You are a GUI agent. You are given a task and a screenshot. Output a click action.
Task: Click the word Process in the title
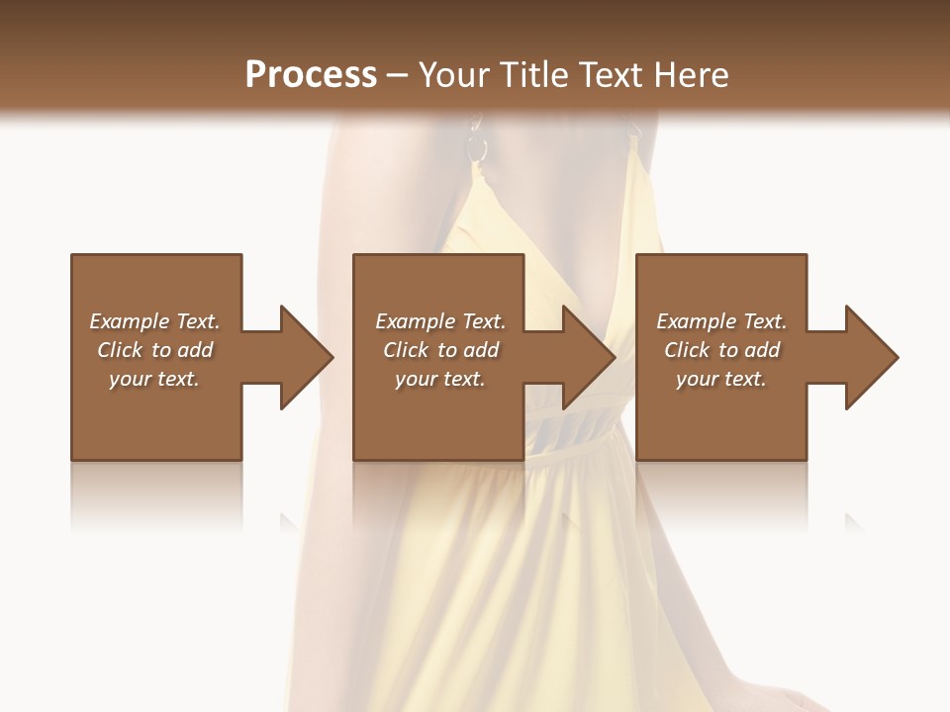pos(311,74)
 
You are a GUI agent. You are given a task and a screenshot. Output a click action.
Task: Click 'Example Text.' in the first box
pos(154,321)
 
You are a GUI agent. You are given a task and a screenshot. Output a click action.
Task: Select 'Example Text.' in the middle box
pos(440,321)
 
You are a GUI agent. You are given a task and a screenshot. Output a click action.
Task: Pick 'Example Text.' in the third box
pos(721,321)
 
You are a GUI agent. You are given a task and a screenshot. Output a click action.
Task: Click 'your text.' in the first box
pos(154,379)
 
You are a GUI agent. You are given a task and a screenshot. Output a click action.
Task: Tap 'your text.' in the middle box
pos(440,379)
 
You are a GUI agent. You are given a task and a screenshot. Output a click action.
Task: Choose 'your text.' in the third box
pos(721,379)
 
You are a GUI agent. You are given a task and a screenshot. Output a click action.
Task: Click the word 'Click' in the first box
pos(121,350)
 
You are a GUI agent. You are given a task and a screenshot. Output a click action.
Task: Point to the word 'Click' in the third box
pos(688,350)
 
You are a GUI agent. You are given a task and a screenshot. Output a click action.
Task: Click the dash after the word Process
pos(398,75)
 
